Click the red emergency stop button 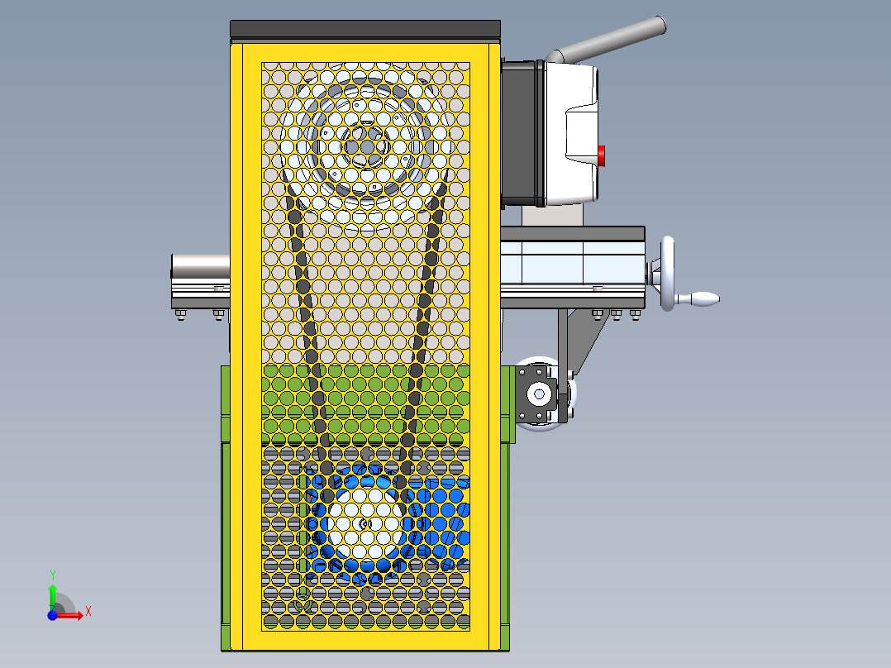[x=602, y=155]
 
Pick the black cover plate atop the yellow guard [x=365, y=30]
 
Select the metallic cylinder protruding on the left [x=199, y=266]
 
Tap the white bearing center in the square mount [x=539, y=394]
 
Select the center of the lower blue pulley [x=365, y=524]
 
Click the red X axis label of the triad [x=88, y=611]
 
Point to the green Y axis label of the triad [x=52, y=574]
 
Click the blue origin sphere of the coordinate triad [x=52, y=615]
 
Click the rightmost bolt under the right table [x=637, y=313]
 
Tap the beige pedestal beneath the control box [x=552, y=215]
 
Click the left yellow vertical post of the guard [x=236, y=347]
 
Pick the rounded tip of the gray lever [x=659, y=25]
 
